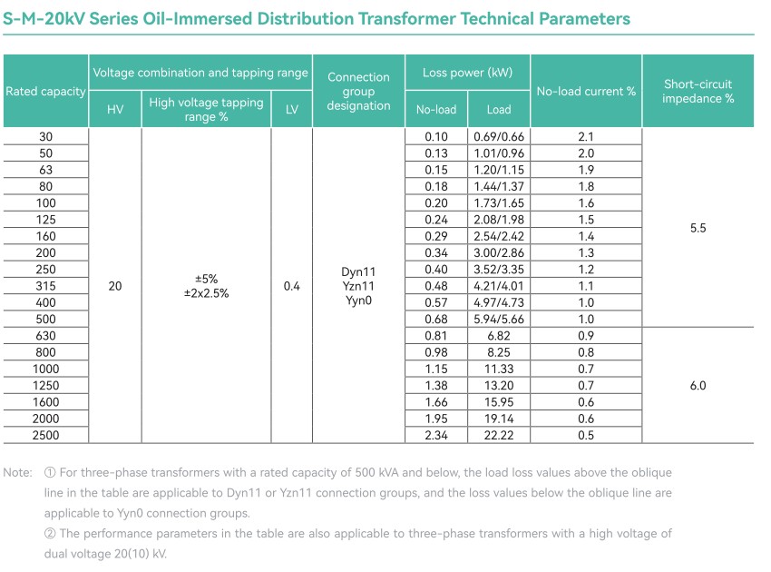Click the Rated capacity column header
point(45,91)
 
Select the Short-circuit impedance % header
point(698,91)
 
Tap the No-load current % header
point(586,91)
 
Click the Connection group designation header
point(358,91)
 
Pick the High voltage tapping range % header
point(206,109)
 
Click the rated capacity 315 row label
point(45,286)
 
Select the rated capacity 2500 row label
point(45,435)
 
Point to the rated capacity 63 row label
point(45,170)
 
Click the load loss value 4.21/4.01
point(499,286)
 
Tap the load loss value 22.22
point(499,435)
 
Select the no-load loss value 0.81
point(436,336)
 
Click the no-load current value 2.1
point(586,136)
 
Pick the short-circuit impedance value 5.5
point(698,229)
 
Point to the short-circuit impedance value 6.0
point(698,385)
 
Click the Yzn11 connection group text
point(358,286)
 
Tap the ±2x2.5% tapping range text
point(206,294)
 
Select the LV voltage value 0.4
point(291,286)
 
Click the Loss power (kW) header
point(467,73)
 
